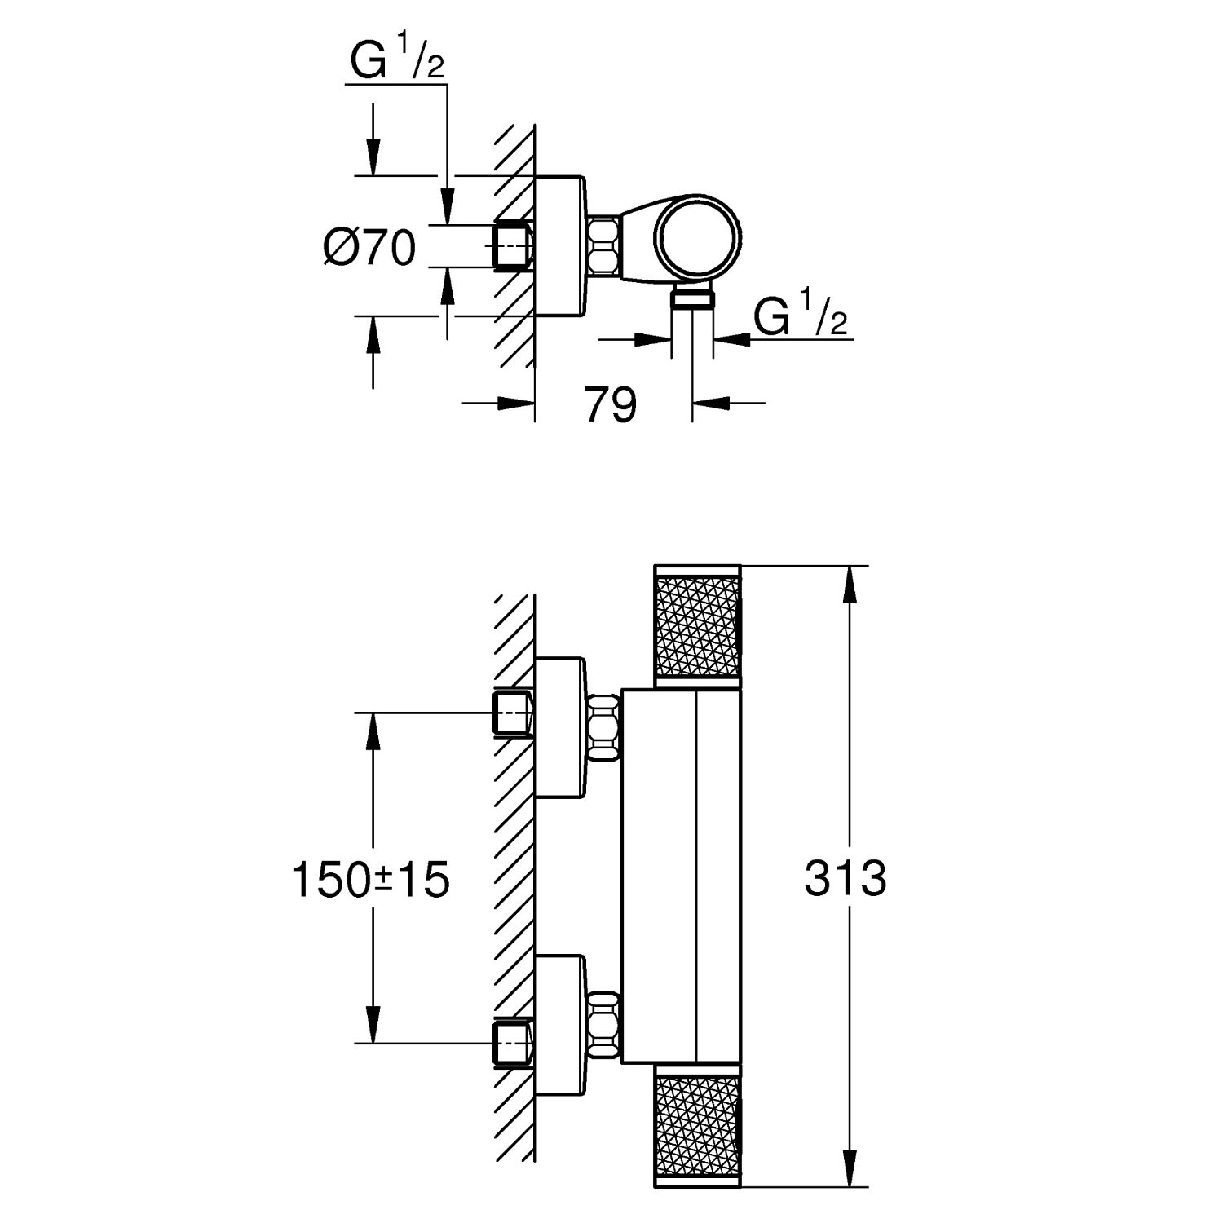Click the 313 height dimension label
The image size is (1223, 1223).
[845, 878]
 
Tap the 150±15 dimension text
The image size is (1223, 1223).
[370, 880]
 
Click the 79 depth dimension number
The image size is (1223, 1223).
[610, 404]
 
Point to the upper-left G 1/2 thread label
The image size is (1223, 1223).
[397, 62]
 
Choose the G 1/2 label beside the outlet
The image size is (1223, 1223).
[800, 317]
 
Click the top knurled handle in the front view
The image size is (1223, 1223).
[698, 625]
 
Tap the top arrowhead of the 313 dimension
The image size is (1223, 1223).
[850, 583]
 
